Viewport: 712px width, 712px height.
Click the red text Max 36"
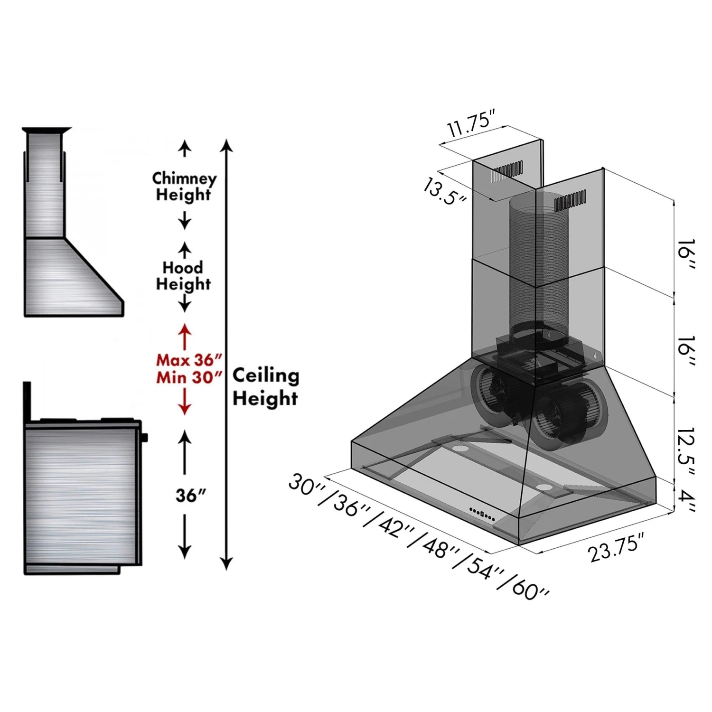189,360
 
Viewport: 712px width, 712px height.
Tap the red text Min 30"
189,378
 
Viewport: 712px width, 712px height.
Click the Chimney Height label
184,186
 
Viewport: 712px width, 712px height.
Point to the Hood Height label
183,276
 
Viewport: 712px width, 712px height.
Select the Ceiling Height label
265,386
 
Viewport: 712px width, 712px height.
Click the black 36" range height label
190,496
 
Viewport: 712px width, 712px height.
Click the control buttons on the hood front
482,513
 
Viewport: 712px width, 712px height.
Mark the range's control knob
144,437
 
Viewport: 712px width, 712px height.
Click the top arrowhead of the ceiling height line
227,145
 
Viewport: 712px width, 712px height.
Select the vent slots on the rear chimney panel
507,172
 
